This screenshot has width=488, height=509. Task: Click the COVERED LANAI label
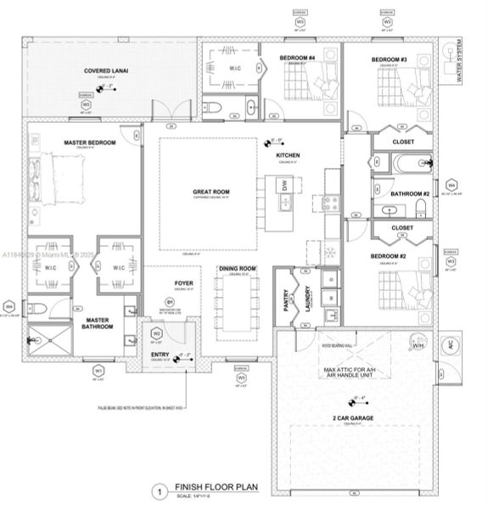coord(106,71)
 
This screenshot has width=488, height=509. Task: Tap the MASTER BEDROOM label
coord(90,142)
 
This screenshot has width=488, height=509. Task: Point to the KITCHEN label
coord(289,156)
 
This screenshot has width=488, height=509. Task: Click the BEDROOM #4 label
coord(297,59)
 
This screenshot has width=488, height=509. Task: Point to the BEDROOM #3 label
coord(389,59)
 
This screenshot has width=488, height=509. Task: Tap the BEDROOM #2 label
coord(390,255)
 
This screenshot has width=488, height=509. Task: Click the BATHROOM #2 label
coord(409,194)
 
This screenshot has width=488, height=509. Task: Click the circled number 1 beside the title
coord(157,490)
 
